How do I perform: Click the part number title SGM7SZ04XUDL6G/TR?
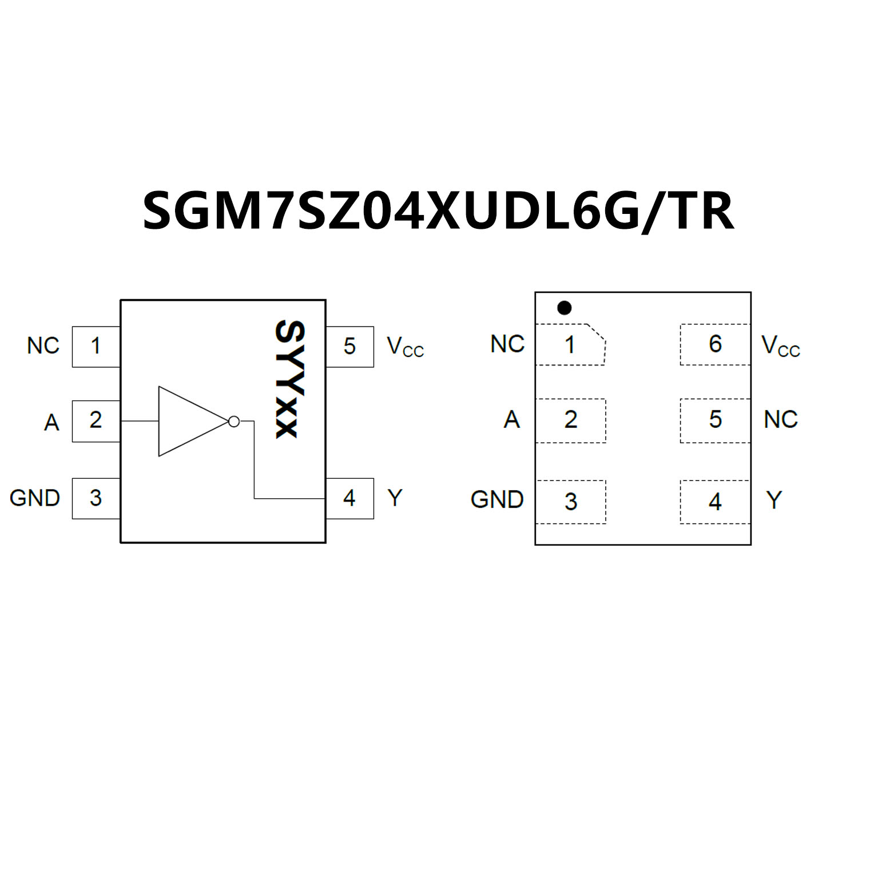438,211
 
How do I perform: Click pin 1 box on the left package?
96,347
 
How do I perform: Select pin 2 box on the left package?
96,421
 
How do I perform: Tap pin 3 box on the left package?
96,498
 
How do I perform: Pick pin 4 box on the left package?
349,498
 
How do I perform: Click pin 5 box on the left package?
349,347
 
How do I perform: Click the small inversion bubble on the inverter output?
234,422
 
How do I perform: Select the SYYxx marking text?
290,379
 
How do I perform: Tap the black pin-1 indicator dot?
564,308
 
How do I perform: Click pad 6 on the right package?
715,344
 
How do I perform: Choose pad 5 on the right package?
715,420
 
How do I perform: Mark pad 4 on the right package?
715,502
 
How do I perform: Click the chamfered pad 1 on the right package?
570,344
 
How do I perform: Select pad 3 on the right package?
570,502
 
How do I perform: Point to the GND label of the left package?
35,498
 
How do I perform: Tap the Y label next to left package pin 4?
395,498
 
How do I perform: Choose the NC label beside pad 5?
781,420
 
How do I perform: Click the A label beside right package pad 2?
512,420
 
